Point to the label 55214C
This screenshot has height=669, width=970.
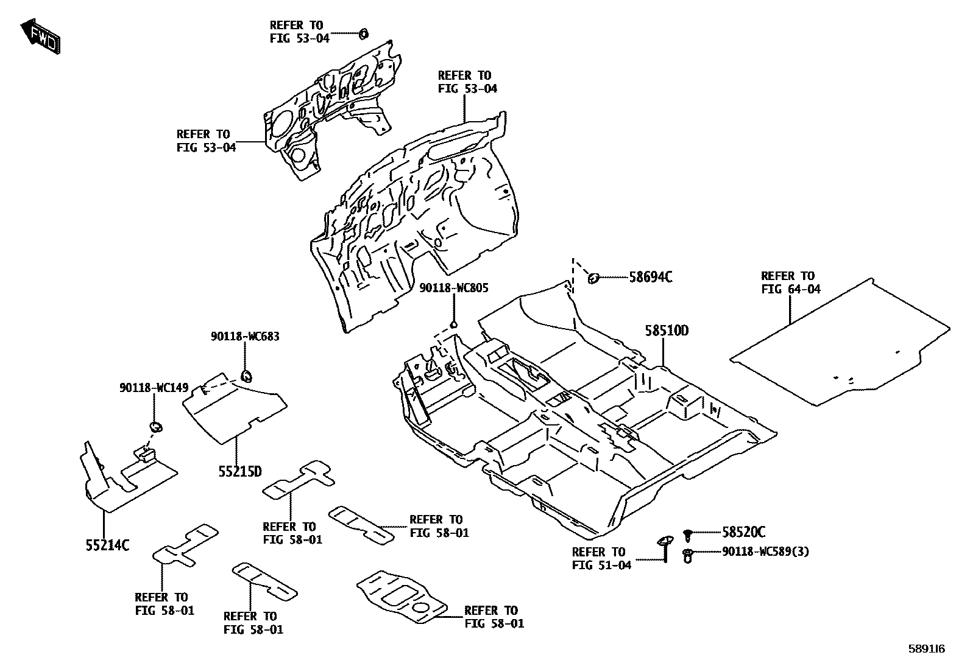[x=107, y=545]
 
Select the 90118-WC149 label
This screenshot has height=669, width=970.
[x=154, y=388]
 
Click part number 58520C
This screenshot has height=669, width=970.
[x=743, y=533]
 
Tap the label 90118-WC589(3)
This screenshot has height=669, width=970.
[x=766, y=552]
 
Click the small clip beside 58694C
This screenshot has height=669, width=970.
[x=592, y=278]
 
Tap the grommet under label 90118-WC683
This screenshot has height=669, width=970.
[x=247, y=375]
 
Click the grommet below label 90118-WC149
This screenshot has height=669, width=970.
[x=156, y=426]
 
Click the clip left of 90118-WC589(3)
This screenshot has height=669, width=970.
[x=688, y=555]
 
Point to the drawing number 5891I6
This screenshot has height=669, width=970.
[x=927, y=650]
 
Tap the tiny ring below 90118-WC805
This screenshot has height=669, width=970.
[x=453, y=324]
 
